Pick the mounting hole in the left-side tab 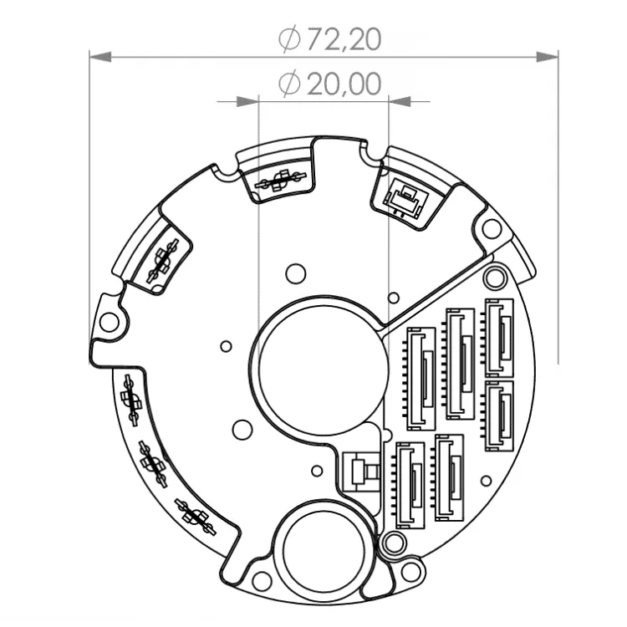coord(109,321)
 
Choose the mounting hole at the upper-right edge coord(492,228)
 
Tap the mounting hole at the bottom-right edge coord(410,572)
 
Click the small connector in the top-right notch coord(403,197)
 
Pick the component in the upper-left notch coord(161,261)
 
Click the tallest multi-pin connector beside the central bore coord(421,376)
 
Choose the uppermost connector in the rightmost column coord(498,339)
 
